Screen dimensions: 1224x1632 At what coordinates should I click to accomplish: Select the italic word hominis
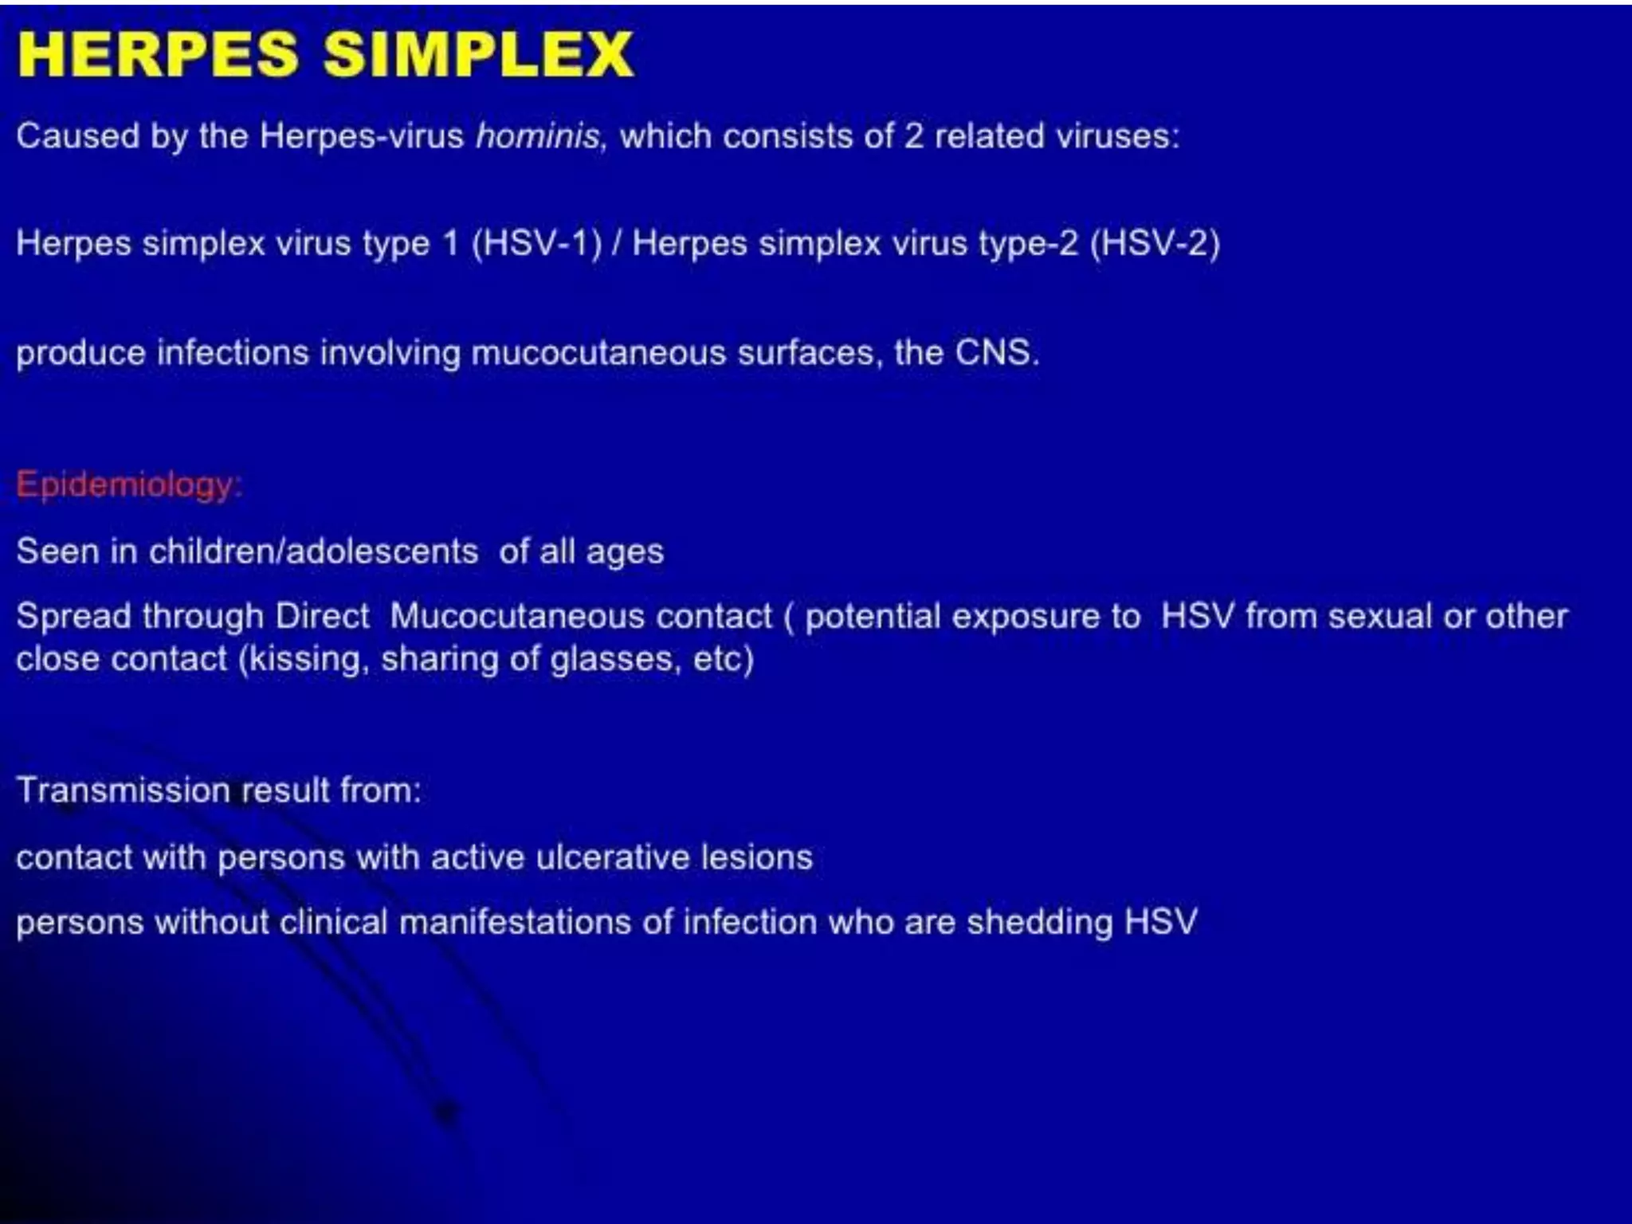click(x=537, y=136)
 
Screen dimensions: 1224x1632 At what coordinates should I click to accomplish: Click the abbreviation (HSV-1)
click(x=536, y=243)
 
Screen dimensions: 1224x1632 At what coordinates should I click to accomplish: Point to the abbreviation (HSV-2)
click(x=1155, y=243)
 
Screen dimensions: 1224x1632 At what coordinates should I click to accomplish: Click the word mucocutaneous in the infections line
click(x=598, y=353)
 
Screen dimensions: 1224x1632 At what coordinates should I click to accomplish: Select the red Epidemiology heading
click(x=127, y=484)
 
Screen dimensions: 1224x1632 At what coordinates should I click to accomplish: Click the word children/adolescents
click(x=313, y=551)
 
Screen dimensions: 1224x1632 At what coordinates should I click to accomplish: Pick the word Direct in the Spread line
click(x=322, y=616)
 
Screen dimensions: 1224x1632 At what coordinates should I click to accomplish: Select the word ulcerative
click(x=613, y=857)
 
